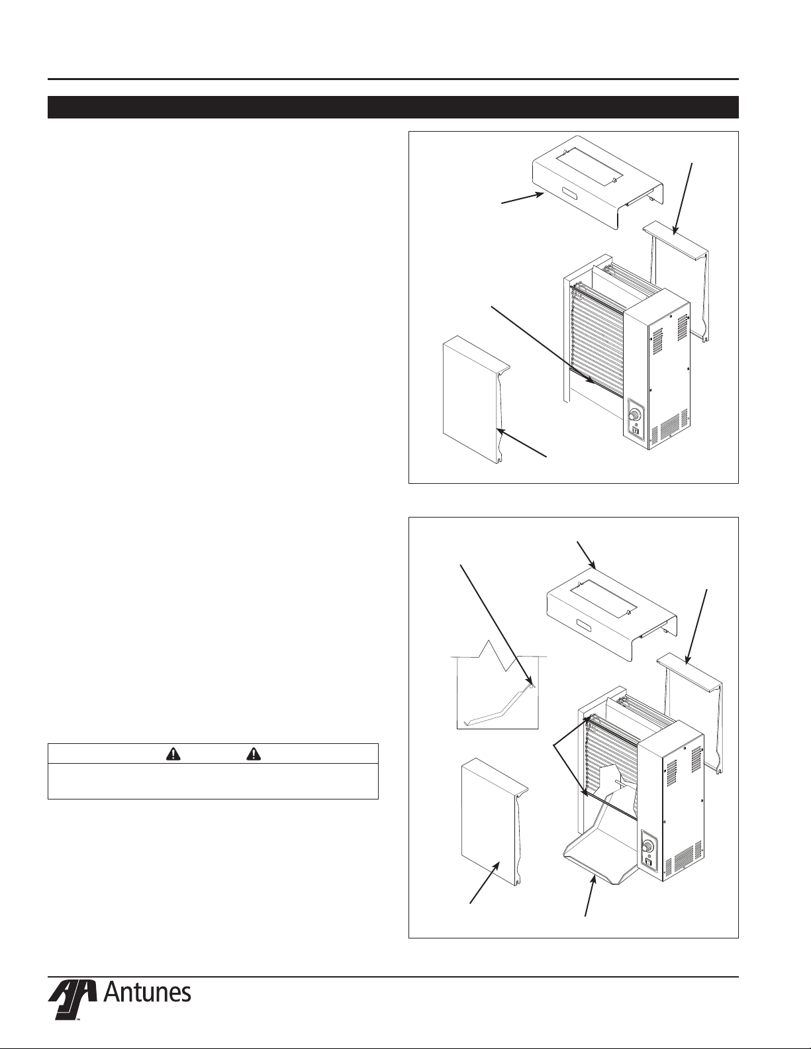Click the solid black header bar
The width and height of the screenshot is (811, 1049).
393,107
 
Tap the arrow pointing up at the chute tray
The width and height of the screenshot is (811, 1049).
591,894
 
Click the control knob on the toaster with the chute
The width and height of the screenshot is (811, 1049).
649,846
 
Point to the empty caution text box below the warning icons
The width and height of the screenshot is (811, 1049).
213,781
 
